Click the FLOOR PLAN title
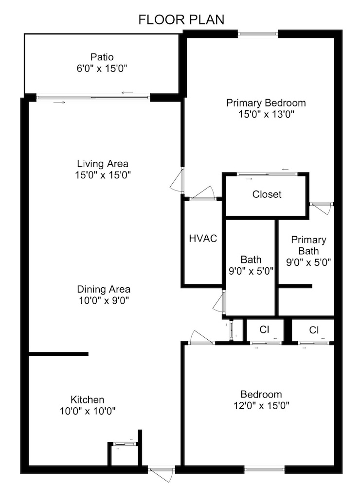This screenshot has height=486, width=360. point(181,19)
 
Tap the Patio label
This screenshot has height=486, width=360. point(102,57)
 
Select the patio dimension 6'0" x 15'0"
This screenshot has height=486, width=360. point(102,69)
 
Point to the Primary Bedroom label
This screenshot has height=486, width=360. point(266,103)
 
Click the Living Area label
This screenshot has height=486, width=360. point(103,164)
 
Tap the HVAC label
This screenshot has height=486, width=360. point(203,239)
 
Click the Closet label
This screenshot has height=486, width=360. point(267,194)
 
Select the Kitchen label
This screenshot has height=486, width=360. point(88,399)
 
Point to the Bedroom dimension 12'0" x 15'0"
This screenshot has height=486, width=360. point(261,406)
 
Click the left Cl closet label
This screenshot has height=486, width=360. point(264,330)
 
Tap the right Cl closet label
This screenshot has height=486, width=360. point(314,330)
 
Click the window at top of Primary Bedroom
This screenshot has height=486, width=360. point(258,34)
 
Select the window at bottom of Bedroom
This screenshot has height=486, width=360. point(264,469)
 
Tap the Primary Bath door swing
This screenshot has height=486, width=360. point(321,207)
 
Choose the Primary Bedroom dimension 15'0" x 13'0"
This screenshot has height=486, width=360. point(266,115)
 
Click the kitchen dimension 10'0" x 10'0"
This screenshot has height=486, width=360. point(88,411)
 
